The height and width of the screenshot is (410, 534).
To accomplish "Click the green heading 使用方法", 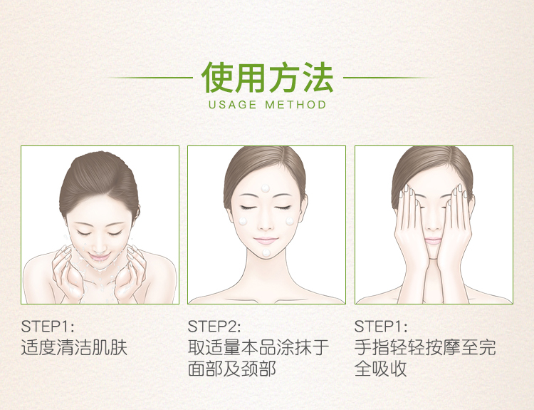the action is [x=267, y=78].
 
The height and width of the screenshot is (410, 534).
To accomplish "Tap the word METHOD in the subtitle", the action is [x=295, y=104].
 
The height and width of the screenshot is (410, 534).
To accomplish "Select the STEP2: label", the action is [x=214, y=327].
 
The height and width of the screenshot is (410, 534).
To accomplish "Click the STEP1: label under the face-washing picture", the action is [x=47, y=327].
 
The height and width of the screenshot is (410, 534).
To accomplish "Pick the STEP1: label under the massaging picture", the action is [x=380, y=327].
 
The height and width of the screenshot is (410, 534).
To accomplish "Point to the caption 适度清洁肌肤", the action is [x=74, y=347].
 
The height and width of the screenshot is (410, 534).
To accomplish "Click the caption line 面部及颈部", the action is [x=231, y=369].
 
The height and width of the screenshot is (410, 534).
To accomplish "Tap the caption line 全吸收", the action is [x=381, y=369].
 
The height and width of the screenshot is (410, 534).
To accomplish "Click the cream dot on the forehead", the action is [x=265, y=188].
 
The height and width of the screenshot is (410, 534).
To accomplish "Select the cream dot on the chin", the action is [x=266, y=252].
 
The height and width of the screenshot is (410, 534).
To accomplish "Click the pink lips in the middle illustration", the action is [x=265, y=240].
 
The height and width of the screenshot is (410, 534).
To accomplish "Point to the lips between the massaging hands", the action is [x=433, y=241].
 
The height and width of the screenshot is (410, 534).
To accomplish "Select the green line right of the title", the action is [x=389, y=78].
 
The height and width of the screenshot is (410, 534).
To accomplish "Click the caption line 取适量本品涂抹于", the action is [x=258, y=347].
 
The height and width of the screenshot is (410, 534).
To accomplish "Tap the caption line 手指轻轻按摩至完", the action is [x=425, y=347].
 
